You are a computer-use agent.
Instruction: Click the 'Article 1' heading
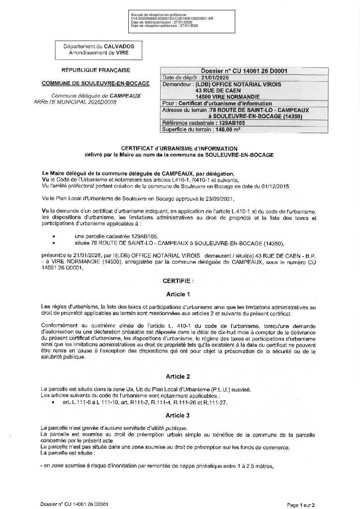tap(178, 294)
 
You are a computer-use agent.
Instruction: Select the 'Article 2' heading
tap(178, 376)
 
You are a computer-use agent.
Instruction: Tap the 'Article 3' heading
tap(178, 415)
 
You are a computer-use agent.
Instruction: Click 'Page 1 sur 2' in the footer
tap(301, 505)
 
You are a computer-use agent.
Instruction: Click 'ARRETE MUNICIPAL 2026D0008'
tap(75, 102)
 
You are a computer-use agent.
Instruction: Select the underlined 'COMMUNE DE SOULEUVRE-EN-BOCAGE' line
tap(96, 83)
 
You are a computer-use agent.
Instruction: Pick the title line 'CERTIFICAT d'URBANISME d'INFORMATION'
tap(179, 149)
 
